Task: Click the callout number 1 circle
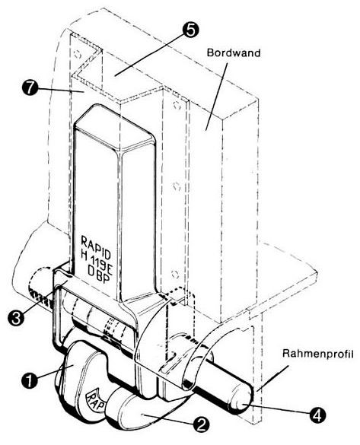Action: click(29, 380)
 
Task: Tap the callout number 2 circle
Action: click(201, 424)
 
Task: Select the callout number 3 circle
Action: click(16, 318)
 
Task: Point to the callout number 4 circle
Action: click(317, 415)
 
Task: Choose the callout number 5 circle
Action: click(190, 30)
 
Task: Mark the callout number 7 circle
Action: click(30, 88)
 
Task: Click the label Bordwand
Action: click(234, 52)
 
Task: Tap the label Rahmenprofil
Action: click(318, 354)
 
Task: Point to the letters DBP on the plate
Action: click(99, 275)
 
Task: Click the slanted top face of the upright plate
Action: click(113, 126)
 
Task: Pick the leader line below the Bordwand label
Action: click(216, 97)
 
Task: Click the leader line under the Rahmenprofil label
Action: click(273, 378)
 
